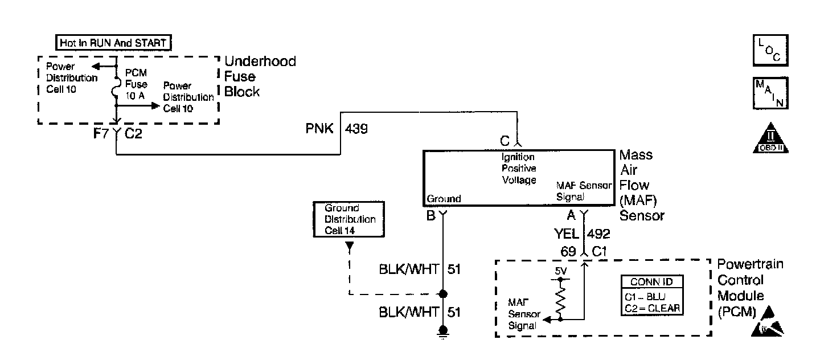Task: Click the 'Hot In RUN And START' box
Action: pos(114,43)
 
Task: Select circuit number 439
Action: pos(356,129)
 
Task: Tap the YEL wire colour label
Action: pos(567,234)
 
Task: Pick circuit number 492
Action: pos(598,234)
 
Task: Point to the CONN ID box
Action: pos(651,296)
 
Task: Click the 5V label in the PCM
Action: pos(561,272)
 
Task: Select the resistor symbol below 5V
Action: pos(561,299)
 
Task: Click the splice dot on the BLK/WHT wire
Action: pos(442,294)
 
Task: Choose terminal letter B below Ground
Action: pos(430,215)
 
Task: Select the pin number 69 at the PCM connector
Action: pos(569,251)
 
